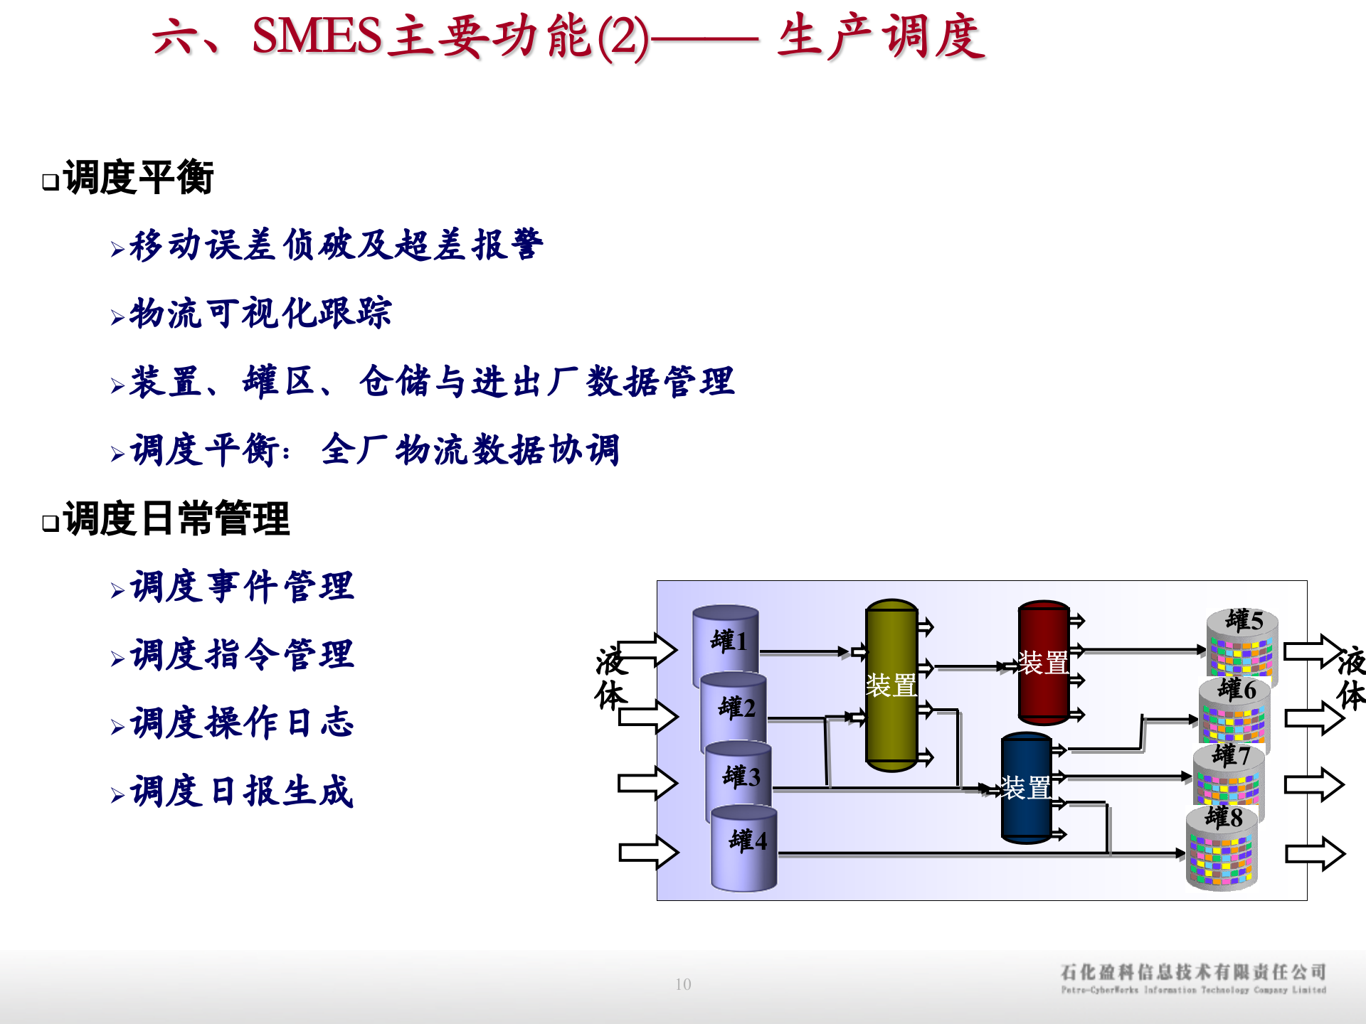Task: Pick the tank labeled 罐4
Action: pyautogui.click(x=745, y=846)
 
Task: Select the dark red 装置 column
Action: pyautogui.click(x=1044, y=662)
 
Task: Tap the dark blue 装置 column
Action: pyautogui.click(x=1026, y=787)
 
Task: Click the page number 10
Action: pyautogui.click(x=683, y=984)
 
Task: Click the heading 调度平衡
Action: pyautogui.click(x=139, y=178)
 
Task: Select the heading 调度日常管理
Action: pyautogui.click(x=176, y=519)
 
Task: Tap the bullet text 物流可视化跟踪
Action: pyautogui.click(x=260, y=314)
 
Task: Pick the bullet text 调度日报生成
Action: pyautogui.click(x=242, y=791)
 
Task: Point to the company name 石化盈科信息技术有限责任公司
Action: pyautogui.click(x=1193, y=972)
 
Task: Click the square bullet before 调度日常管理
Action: pyautogui.click(x=51, y=523)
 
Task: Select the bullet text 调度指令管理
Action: pyautogui.click(x=242, y=655)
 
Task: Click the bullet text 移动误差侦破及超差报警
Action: pyautogui.click(x=336, y=245)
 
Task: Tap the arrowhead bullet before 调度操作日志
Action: pyautogui.click(x=117, y=727)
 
